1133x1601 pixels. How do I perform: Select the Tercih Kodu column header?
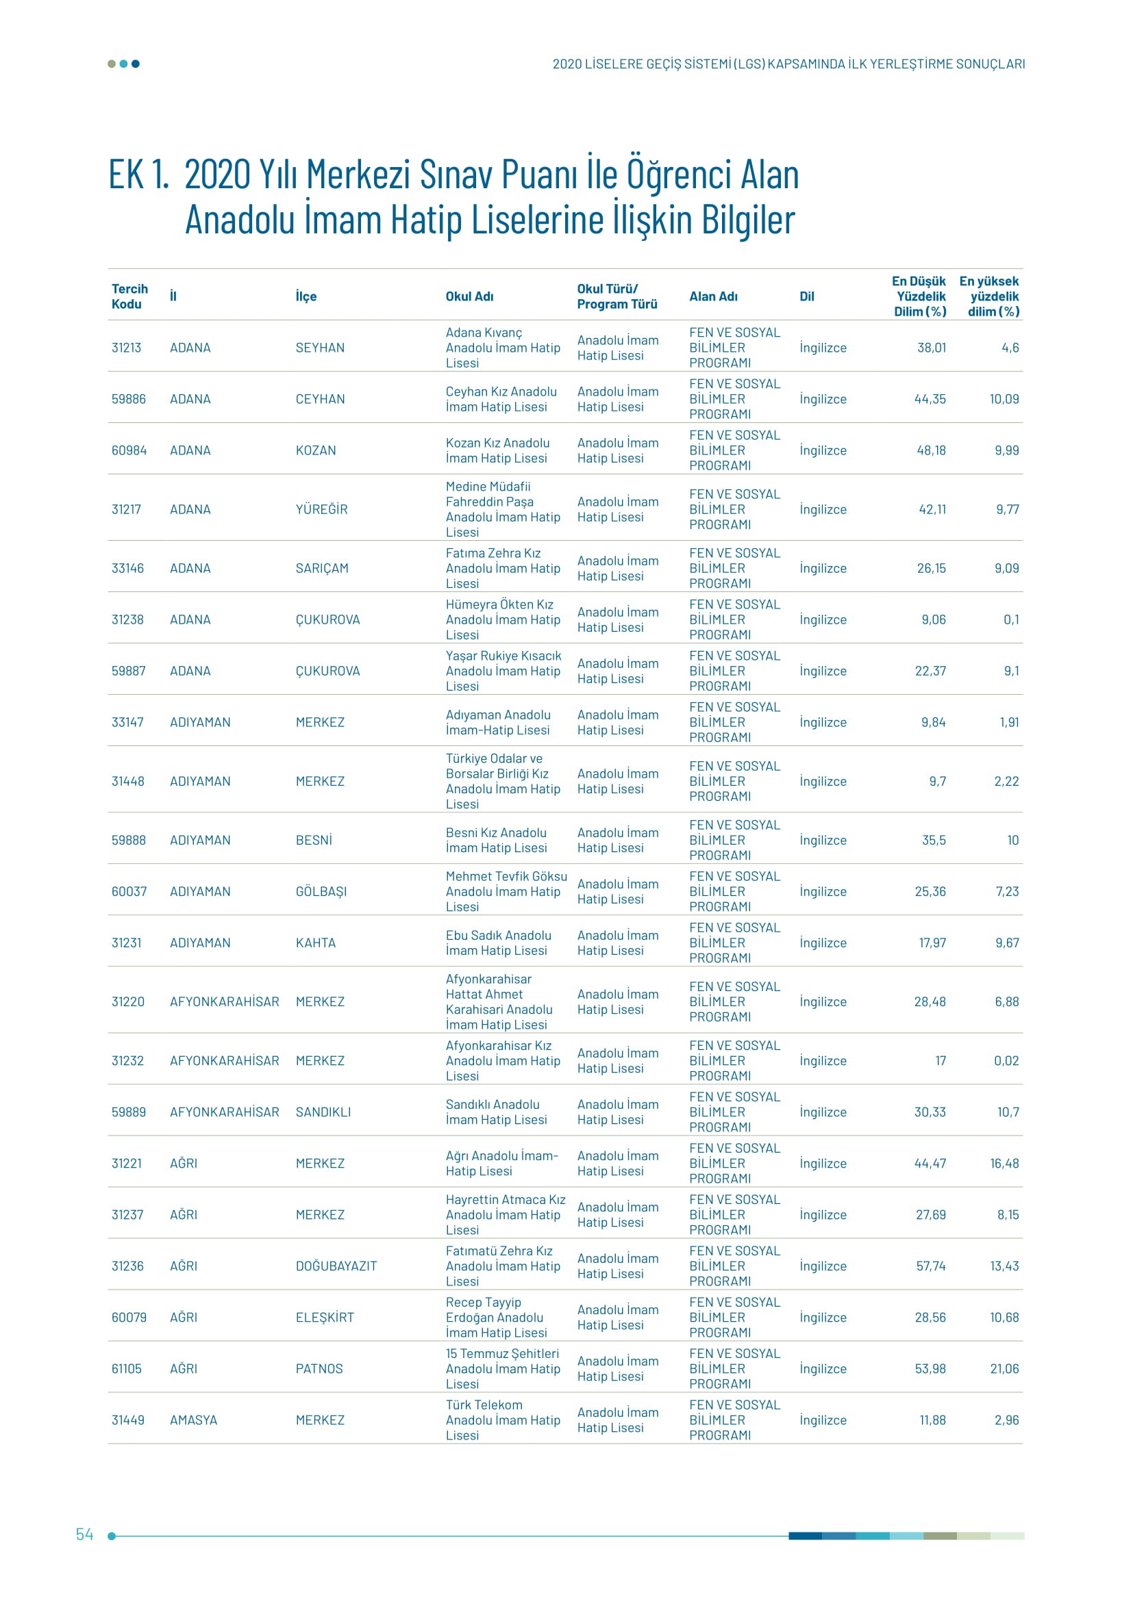129,296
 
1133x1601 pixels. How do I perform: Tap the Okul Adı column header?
469,296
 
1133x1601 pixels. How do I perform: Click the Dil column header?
806,296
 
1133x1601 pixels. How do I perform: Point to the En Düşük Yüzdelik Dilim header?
919,296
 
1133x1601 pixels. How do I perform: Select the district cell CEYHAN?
319,399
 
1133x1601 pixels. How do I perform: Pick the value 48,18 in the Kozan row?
931,450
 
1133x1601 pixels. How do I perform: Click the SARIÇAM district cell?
322,568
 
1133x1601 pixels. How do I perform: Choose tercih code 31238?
127,620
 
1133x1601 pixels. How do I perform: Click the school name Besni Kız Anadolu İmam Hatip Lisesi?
496,841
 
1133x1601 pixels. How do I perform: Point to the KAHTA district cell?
315,943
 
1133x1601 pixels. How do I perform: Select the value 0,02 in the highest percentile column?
1006,1060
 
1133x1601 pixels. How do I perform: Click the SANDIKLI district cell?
323,1112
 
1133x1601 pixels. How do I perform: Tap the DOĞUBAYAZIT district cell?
336,1266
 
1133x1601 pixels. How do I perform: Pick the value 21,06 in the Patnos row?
1004,1369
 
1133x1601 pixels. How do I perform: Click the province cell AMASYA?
193,1420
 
